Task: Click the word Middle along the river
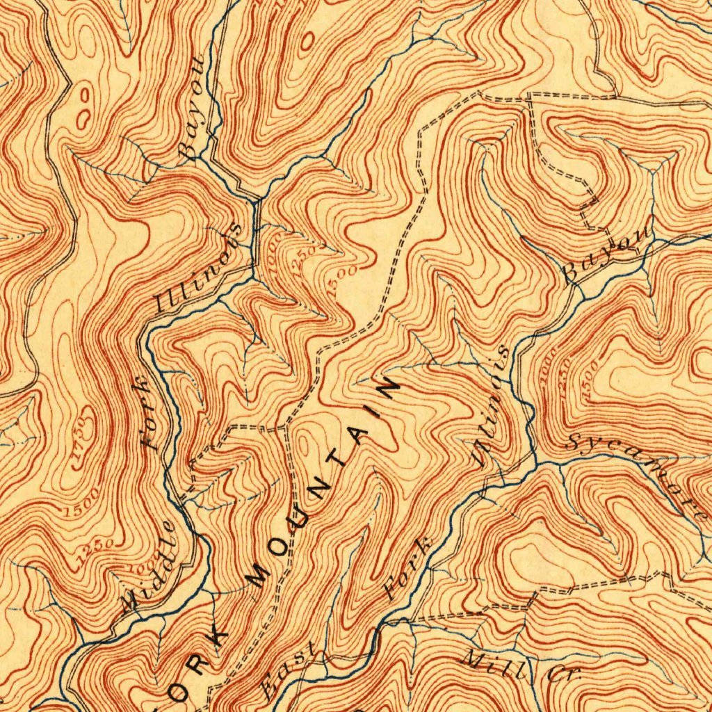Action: pyautogui.click(x=148, y=565)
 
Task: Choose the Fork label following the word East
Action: pyautogui.click(x=408, y=567)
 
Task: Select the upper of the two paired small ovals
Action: pyautogui.click(x=86, y=95)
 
